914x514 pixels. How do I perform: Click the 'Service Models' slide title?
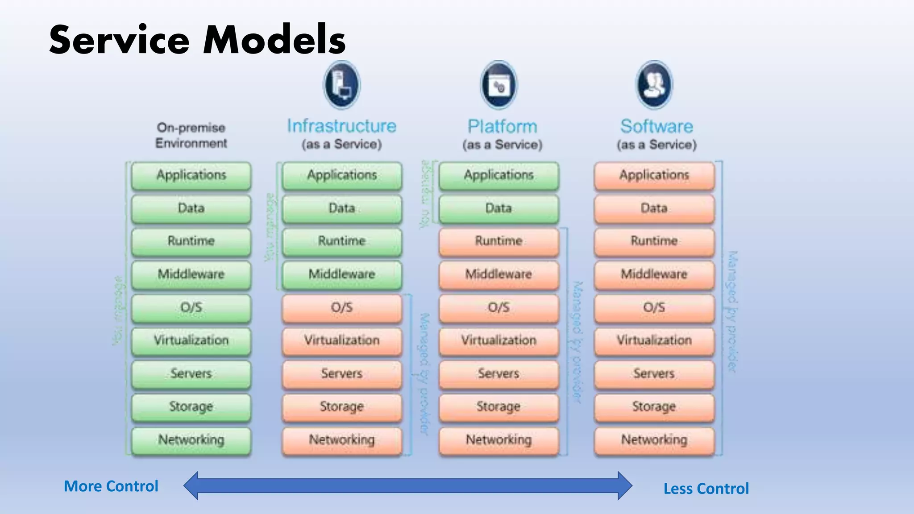(x=197, y=40)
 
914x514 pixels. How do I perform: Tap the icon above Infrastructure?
(x=341, y=85)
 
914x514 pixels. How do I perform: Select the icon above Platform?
(x=499, y=85)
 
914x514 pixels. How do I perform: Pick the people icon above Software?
(x=654, y=85)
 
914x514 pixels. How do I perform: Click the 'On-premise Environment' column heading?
(x=191, y=135)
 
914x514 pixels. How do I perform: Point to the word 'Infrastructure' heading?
(x=341, y=126)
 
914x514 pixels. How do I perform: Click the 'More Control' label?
(x=111, y=486)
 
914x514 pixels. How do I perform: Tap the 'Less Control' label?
(x=706, y=489)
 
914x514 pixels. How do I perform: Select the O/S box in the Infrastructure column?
(x=342, y=307)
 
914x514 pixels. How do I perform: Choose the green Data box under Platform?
(x=499, y=208)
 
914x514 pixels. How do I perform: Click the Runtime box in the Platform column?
(x=499, y=241)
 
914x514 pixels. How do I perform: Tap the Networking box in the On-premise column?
(x=191, y=440)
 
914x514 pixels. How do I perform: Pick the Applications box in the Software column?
(x=654, y=175)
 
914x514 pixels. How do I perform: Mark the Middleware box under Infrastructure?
(x=342, y=274)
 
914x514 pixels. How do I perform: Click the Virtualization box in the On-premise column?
(x=191, y=340)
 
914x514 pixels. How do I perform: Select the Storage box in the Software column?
(x=654, y=406)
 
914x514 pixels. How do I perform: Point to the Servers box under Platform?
(x=499, y=373)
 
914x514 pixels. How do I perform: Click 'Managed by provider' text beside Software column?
(x=732, y=311)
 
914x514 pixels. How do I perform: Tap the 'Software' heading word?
(x=656, y=127)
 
